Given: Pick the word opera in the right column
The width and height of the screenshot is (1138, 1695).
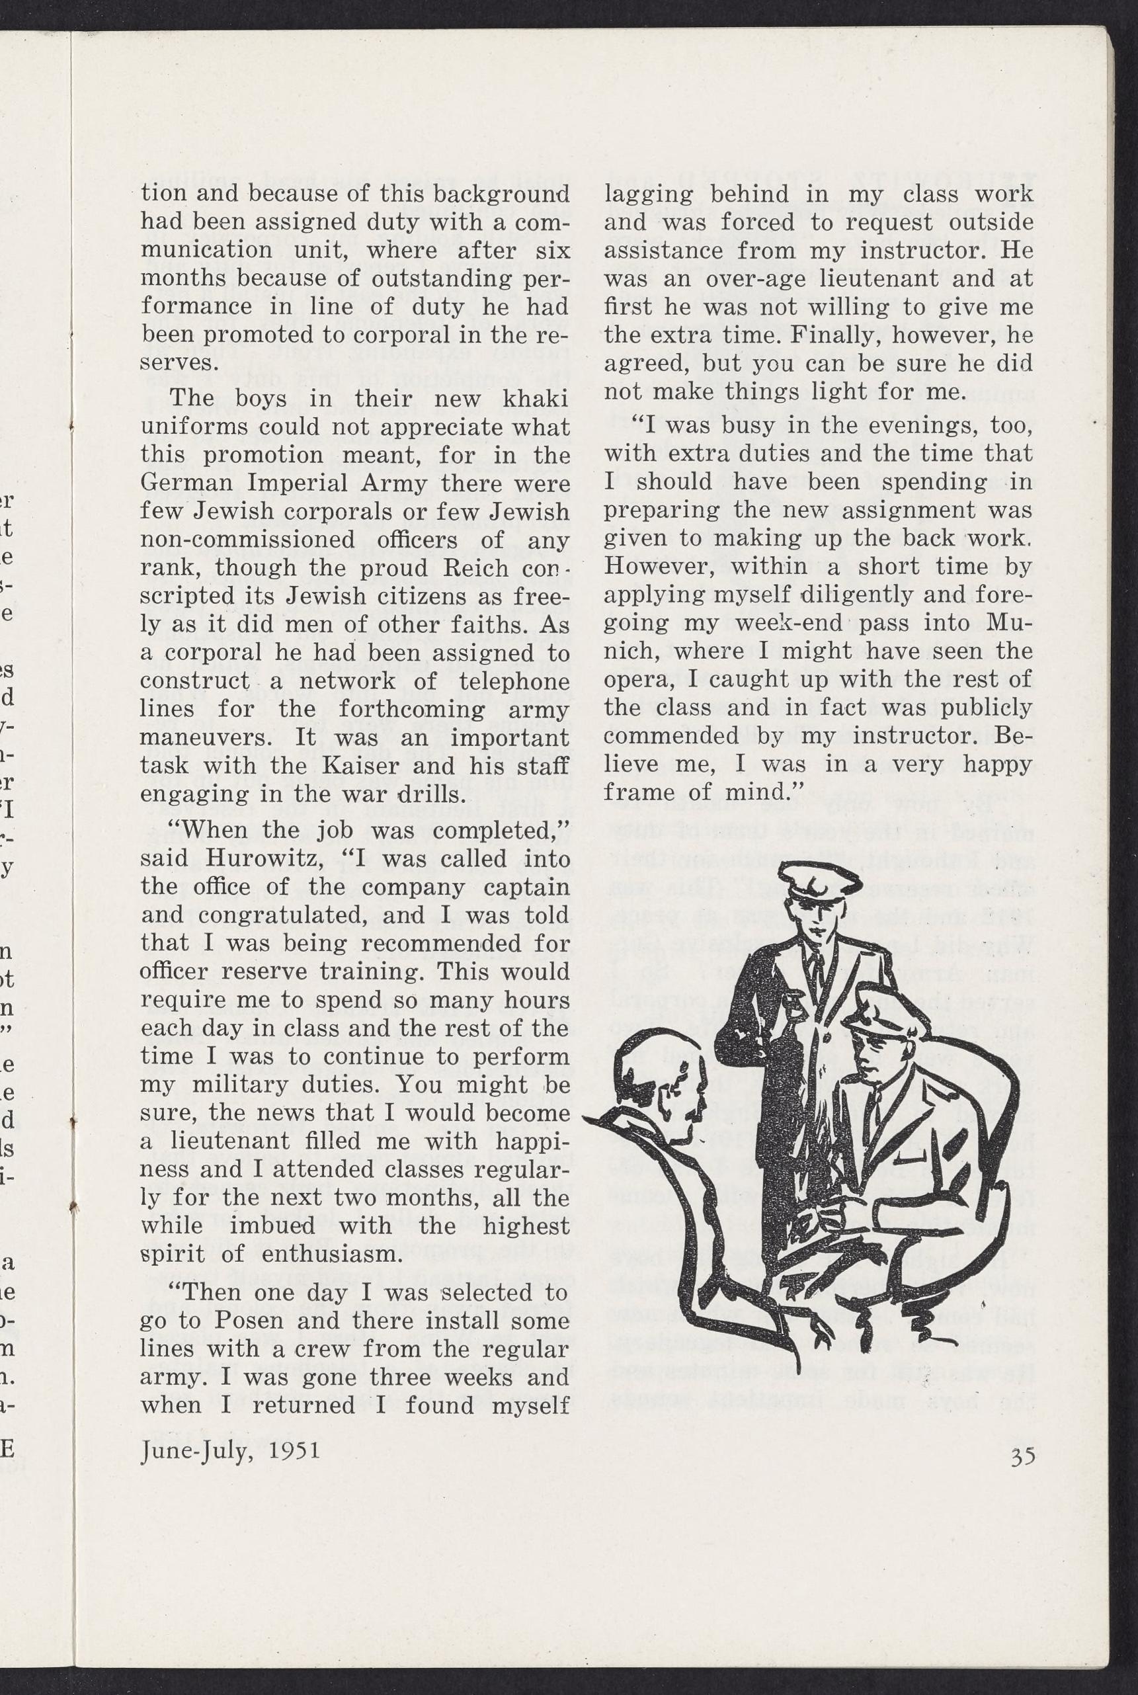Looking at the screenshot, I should (x=633, y=679).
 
